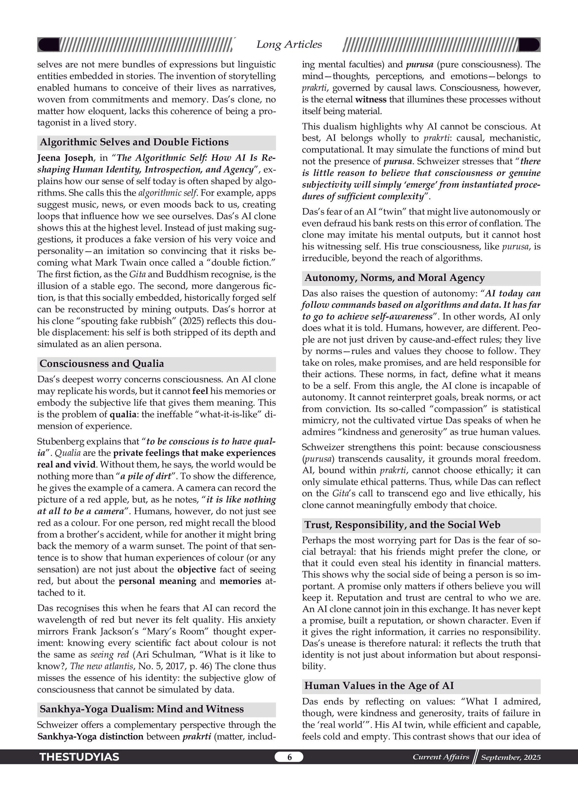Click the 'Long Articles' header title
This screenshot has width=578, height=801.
[x=289, y=45]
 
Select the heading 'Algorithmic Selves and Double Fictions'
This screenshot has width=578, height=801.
[x=134, y=142]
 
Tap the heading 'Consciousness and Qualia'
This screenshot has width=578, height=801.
[x=102, y=364]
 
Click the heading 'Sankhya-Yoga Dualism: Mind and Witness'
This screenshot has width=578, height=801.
[x=142, y=709]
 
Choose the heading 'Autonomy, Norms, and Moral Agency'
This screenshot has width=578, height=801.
[x=394, y=278]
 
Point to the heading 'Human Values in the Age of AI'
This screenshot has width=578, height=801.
[x=379, y=686]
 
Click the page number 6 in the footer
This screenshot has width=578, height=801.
[x=289, y=757]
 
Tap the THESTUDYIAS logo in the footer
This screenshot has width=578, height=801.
[x=79, y=757]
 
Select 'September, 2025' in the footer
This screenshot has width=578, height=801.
[x=511, y=757]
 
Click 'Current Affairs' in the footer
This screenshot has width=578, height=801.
[x=441, y=757]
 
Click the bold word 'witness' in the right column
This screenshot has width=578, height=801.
[x=371, y=99]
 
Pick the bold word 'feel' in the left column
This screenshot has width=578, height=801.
[x=200, y=391]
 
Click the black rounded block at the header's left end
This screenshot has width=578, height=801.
[x=48, y=45]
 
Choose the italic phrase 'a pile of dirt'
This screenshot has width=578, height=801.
[x=146, y=476]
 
